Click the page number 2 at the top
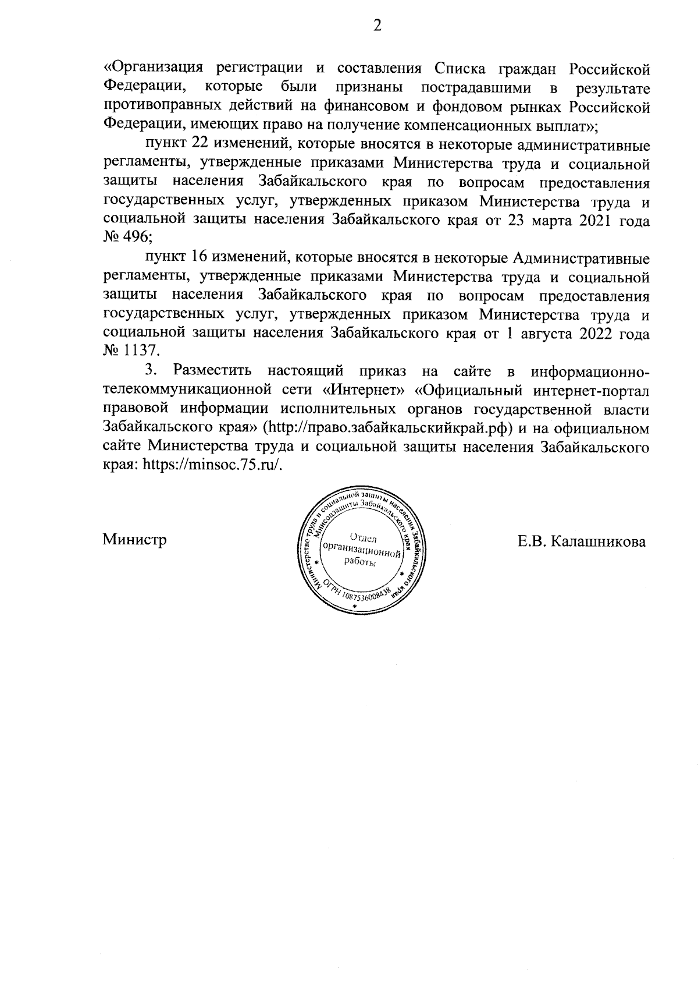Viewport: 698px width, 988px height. [x=376, y=27]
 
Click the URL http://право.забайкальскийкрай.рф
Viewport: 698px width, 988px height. [x=390, y=427]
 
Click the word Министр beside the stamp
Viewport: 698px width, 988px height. [x=135, y=540]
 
